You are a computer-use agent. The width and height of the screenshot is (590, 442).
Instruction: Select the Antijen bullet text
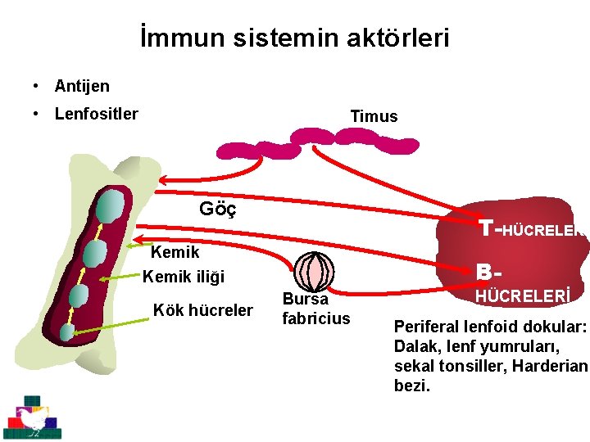(x=82, y=86)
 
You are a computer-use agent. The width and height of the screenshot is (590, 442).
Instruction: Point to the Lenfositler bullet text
(x=96, y=114)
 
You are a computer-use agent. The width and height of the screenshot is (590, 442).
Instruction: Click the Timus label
(x=374, y=116)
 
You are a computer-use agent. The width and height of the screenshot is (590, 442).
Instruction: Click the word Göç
(x=218, y=209)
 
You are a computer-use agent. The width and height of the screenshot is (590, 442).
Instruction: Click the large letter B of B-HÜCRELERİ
(x=485, y=271)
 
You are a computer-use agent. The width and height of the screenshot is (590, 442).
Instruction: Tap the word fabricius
(x=315, y=318)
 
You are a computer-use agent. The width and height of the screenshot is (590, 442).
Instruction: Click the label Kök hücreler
(x=203, y=309)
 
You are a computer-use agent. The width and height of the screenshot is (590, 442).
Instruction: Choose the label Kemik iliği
(x=184, y=277)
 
